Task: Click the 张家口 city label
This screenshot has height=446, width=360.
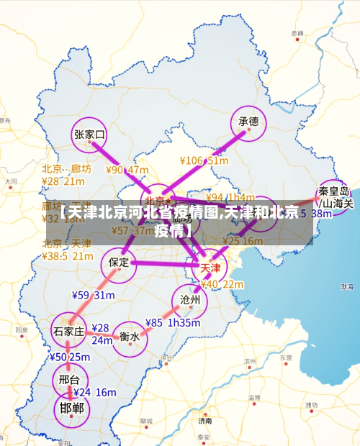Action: coord(90,134)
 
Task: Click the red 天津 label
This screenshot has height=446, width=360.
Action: coord(210,268)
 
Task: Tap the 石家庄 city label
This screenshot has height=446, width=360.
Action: coord(69,331)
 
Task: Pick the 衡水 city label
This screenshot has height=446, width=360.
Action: coord(130,335)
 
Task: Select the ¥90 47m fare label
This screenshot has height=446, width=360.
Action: coord(127,170)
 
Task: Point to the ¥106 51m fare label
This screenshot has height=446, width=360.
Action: coord(204,161)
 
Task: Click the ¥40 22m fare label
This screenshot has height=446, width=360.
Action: coord(222,284)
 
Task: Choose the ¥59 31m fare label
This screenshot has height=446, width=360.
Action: coord(93,295)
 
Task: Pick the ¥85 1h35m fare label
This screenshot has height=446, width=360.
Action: coord(174,323)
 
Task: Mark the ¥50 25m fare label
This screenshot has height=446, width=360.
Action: coord(70,357)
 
